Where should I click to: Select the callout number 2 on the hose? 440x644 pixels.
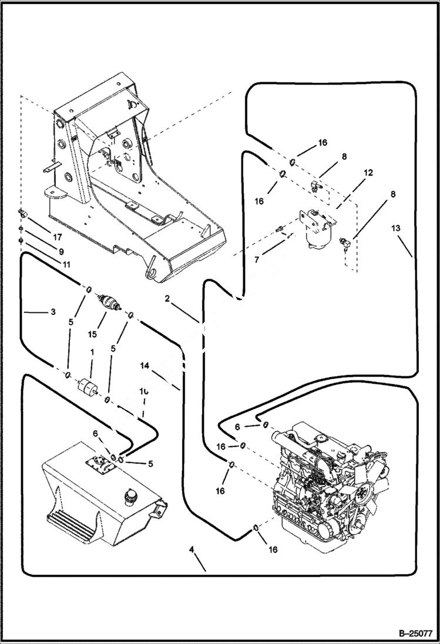[x=167, y=299]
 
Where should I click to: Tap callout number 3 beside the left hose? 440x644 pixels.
[x=53, y=312]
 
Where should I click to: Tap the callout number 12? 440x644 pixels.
[x=368, y=173]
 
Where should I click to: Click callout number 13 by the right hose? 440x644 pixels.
[x=395, y=228]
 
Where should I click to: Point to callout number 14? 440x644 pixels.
[x=145, y=365]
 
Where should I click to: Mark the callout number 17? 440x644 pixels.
[x=56, y=238]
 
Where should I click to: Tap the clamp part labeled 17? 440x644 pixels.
[x=22, y=213]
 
